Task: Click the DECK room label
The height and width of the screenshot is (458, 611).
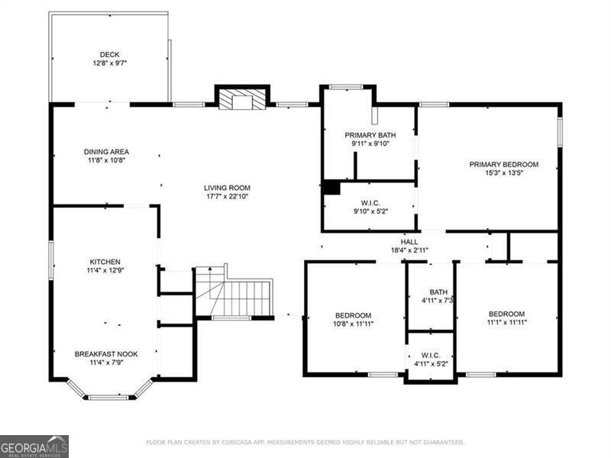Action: tap(108, 54)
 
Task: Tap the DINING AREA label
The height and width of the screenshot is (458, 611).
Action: tap(106, 151)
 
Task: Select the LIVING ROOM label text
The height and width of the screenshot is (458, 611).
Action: tap(227, 188)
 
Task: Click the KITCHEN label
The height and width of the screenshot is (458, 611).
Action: tap(105, 262)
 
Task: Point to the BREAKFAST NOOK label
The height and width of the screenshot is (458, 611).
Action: tap(105, 354)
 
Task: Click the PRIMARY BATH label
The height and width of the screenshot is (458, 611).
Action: tap(370, 135)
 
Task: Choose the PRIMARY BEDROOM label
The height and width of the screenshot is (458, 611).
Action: tap(503, 164)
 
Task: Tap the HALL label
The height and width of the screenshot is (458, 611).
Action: tap(409, 242)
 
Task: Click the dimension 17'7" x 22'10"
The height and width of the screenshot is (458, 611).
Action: tap(227, 196)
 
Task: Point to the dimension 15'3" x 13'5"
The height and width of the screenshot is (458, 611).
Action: tap(503, 173)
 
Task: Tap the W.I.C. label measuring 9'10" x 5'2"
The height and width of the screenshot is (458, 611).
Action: tap(370, 203)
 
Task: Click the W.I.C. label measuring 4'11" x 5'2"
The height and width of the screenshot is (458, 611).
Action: tap(431, 355)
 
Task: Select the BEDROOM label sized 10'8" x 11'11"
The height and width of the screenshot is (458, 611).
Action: tap(353, 314)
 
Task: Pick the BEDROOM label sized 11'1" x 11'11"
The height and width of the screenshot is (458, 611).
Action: tap(506, 314)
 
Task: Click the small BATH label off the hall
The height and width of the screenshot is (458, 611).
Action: tap(438, 292)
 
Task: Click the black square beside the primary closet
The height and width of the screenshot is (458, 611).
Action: tap(331, 188)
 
